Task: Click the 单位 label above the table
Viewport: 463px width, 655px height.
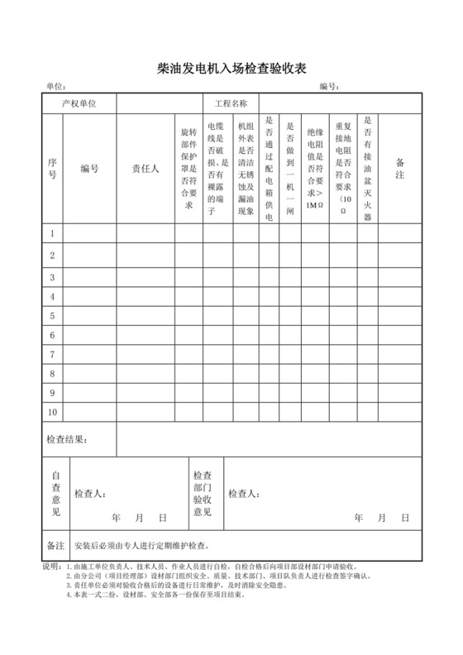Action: tap(55, 87)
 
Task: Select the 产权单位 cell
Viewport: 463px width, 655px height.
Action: tap(79, 104)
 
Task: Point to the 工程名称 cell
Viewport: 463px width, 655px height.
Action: tap(231, 104)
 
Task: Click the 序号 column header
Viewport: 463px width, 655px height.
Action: tap(52, 170)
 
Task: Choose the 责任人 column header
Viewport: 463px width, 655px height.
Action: tap(145, 170)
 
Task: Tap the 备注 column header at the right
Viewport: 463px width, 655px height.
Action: tap(399, 170)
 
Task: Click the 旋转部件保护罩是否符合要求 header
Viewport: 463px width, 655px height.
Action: tap(189, 169)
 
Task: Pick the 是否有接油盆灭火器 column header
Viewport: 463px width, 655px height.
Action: tap(368, 169)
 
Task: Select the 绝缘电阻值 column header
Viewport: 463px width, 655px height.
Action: tap(314, 169)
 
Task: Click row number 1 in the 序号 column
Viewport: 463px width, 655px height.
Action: tap(52, 234)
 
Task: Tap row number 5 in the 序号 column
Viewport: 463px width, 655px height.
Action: tap(52, 315)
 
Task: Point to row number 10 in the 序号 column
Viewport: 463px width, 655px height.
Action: tap(52, 411)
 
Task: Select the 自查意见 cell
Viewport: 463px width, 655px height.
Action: tap(56, 494)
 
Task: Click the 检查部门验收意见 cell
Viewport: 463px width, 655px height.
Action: tap(203, 494)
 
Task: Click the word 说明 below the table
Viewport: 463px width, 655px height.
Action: tap(50, 567)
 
